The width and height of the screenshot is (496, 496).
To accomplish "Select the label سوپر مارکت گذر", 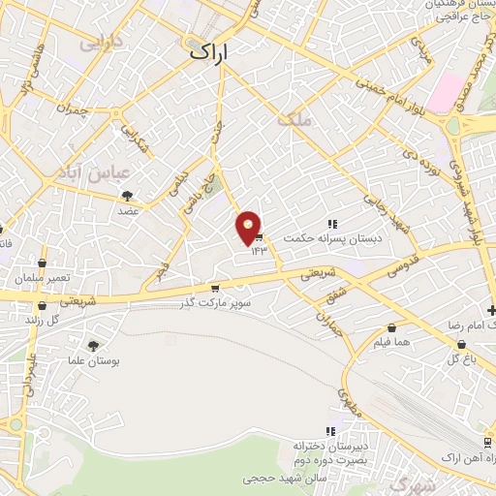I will tap(220, 303).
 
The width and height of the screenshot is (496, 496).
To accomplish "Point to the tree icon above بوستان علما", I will tap(93, 346).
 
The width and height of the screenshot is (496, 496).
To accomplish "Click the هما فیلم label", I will tap(391, 343).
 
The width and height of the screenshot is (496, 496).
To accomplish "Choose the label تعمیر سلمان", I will tap(43, 278).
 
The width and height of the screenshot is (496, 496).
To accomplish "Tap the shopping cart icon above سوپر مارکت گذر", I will tap(214, 289).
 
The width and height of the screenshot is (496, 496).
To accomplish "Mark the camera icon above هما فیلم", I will tap(391, 328).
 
